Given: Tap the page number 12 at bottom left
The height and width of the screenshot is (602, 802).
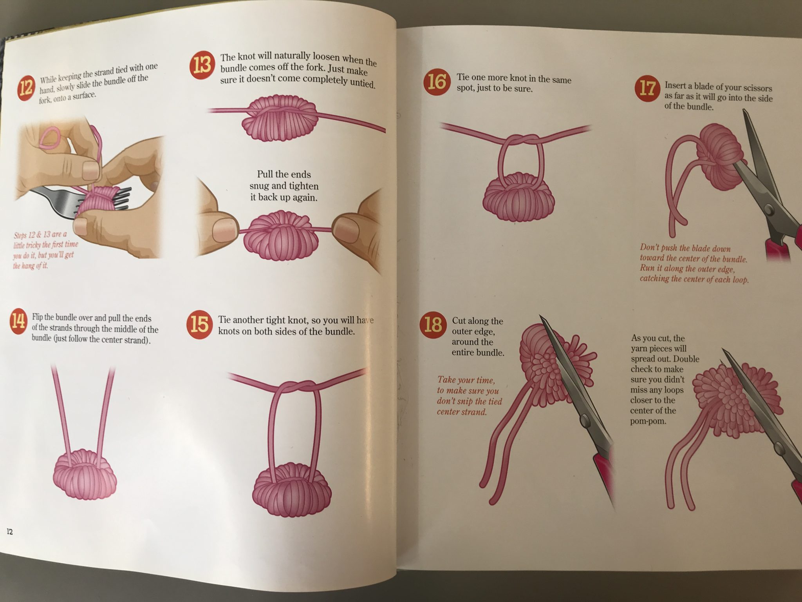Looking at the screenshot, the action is (9, 532).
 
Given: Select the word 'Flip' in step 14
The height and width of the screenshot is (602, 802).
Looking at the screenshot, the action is (38, 317).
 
